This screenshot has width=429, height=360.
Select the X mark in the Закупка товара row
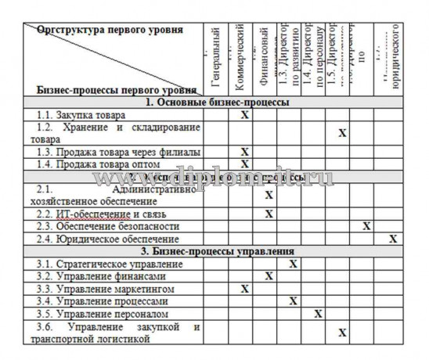(244, 114)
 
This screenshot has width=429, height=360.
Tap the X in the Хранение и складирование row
(342, 132)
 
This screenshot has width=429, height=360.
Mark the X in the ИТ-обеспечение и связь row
(269, 213)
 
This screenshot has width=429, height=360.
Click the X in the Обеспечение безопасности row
(366, 225)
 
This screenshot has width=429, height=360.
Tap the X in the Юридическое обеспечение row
(393, 238)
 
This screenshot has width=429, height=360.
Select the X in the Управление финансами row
(269, 276)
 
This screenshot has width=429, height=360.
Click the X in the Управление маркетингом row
(244, 289)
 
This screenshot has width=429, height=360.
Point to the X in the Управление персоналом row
(318, 314)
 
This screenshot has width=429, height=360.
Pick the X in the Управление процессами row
(293, 301)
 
